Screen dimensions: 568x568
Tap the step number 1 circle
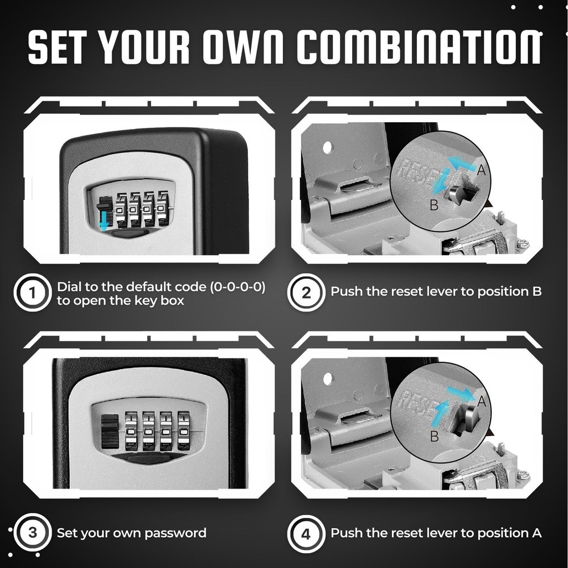pyautogui.click(x=32, y=293)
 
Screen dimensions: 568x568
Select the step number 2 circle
pyautogui.click(x=306, y=293)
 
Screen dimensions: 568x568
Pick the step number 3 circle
pyautogui.click(x=32, y=533)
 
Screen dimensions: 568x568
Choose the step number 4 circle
pyautogui.click(x=306, y=534)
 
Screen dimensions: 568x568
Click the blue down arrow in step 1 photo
pyautogui.click(x=103, y=224)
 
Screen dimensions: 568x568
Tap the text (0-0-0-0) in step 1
pyautogui.click(x=237, y=287)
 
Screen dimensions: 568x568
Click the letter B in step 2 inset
pyautogui.click(x=433, y=205)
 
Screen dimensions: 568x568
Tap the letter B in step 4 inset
pyautogui.click(x=433, y=436)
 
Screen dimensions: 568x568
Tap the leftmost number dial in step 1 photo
pyautogui.click(x=122, y=209)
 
